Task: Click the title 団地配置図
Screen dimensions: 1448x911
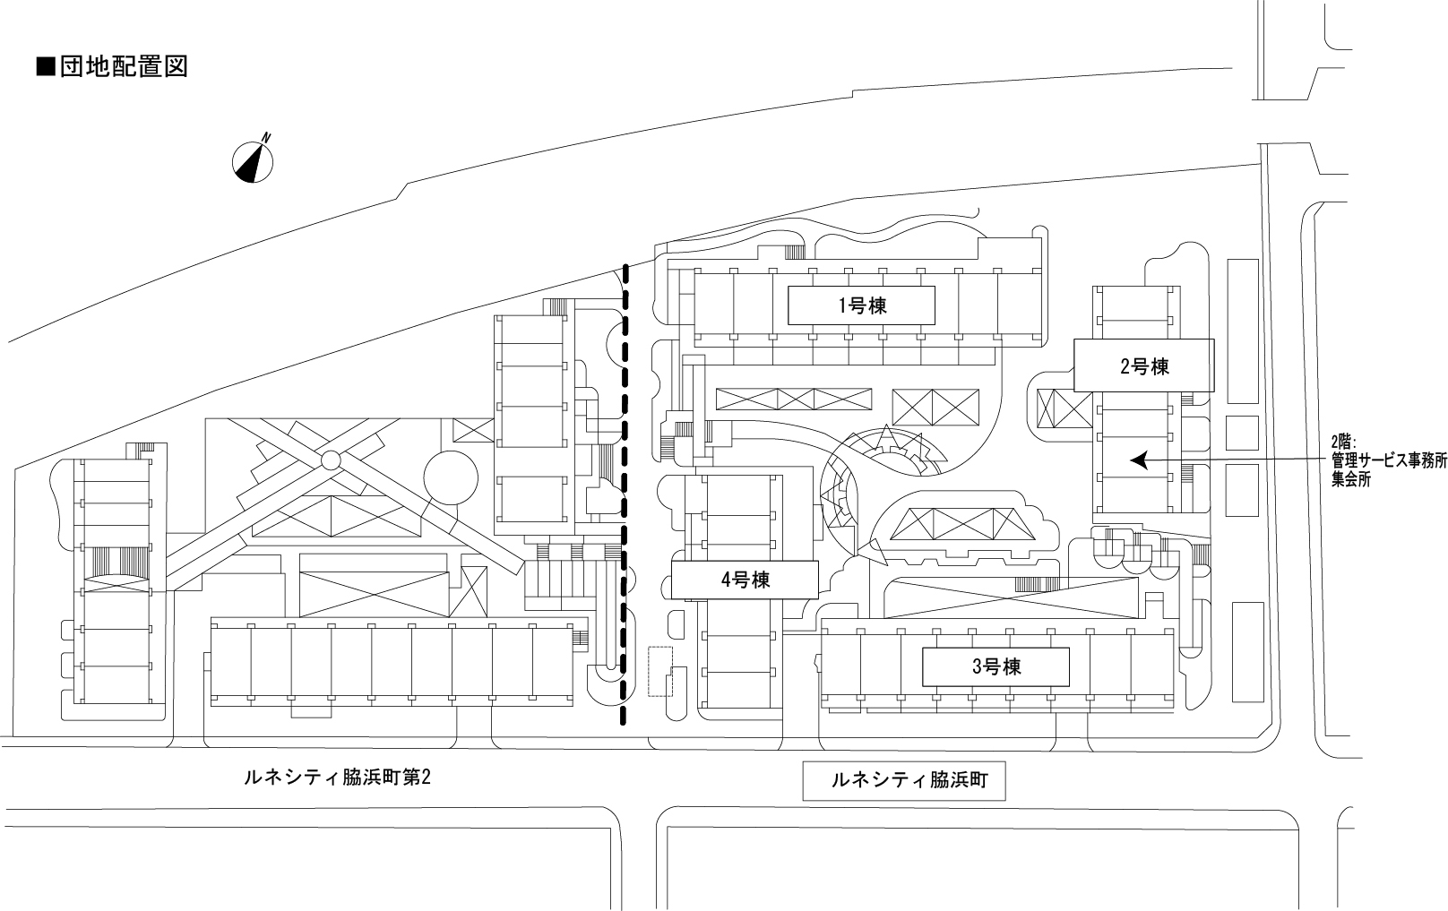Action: (x=124, y=67)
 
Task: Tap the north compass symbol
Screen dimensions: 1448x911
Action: (x=253, y=161)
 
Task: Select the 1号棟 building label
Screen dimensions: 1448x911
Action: (x=861, y=305)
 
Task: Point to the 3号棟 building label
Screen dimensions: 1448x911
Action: (x=995, y=666)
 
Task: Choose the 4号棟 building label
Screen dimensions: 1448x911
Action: (x=745, y=580)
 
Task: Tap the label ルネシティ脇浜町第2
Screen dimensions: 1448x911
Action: (x=337, y=778)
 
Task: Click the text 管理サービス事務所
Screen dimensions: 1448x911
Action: (x=1389, y=460)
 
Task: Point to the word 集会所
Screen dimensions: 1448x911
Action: (x=1351, y=479)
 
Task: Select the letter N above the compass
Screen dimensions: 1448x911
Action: (x=266, y=138)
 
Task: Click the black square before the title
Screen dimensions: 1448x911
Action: (x=45, y=67)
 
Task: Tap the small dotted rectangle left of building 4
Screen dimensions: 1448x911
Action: (x=660, y=671)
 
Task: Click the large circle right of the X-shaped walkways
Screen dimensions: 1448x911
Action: (x=451, y=478)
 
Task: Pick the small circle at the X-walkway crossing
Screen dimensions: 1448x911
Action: (x=331, y=460)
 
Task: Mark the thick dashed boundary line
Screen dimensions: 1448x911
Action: (x=625, y=494)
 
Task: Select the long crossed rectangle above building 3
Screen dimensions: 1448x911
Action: (x=1013, y=597)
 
